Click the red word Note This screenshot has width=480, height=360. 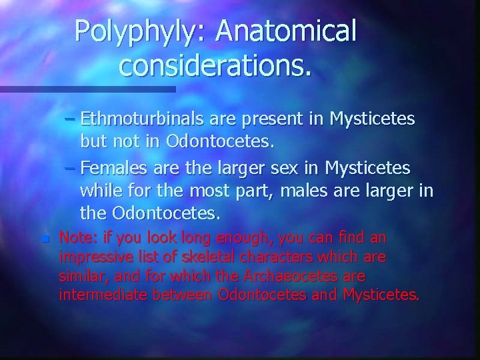[74, 237]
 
